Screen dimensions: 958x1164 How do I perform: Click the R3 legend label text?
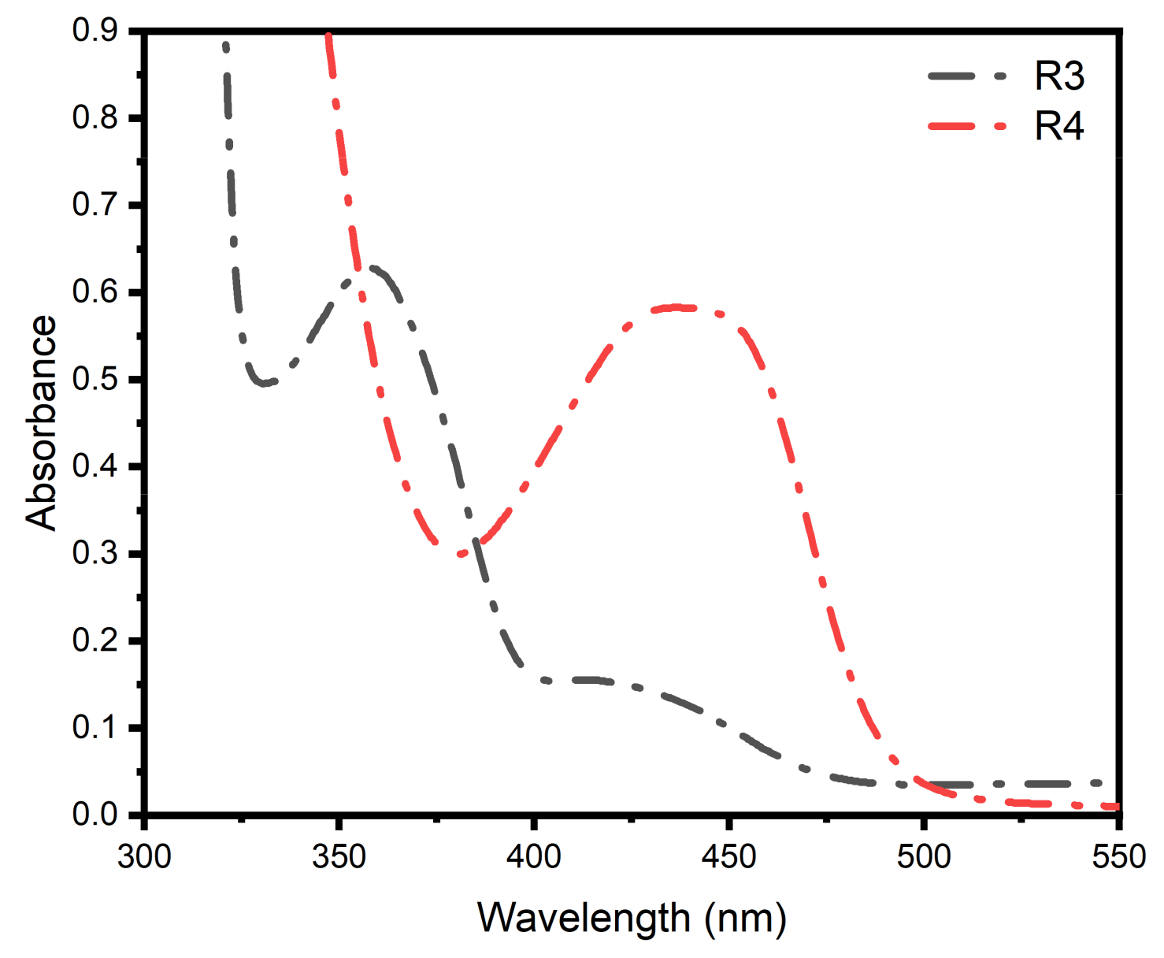click(x=1059, y=76)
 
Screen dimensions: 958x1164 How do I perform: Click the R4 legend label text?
click(x=1059, y=126)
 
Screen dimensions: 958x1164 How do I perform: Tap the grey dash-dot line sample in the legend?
click(x=968, y=76)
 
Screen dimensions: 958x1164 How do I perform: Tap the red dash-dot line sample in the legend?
click(x=968, y=126)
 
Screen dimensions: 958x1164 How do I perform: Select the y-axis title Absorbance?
click(x=41, y=422)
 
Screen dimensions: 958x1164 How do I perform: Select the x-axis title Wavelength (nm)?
click(x=632, y=918)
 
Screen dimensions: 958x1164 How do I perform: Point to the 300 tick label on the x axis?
click(x=144, y=856)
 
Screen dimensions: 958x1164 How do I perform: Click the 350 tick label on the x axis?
click(x=339, y=856)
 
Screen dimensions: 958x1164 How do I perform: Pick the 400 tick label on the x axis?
click(x=534, y=856)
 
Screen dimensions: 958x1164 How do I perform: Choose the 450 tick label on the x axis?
click(x=728, y=856)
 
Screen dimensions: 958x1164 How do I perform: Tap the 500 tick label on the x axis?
click(x=923, y=856)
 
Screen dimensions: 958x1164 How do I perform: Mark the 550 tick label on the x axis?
click(x=1118, y=856)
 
